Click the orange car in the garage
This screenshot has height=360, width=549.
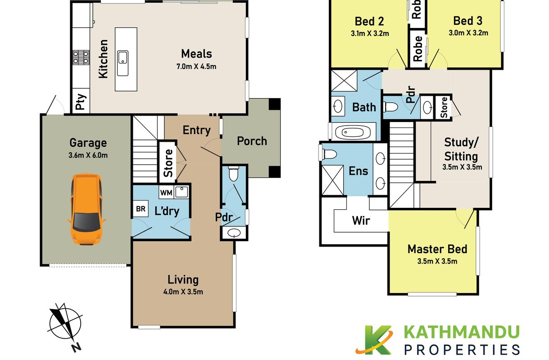click(x=86, y=210)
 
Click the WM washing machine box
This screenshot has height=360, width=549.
click(x=166, y=193)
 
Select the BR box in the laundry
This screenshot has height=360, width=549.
click(x=141, y=209)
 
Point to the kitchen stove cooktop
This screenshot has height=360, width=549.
click(x=81, y=57)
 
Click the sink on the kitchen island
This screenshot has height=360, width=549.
click(x=123, y=63)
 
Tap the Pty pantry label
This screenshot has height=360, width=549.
click(x=81, y=102)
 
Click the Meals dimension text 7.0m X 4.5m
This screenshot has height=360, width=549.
click(x=196, y=66)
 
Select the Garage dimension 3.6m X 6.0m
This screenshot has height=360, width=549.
click(x=88, y=155)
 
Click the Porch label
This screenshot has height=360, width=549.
click(x=252, y=141)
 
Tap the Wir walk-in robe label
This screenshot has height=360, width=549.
click(x=361, y=220)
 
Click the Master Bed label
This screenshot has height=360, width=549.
click(x=437, y=249)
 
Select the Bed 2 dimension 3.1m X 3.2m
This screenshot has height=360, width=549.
click(x=370, y=33)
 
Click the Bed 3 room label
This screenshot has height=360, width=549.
click(x=467, y=21)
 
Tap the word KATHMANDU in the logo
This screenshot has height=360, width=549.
click(x=461, y=332)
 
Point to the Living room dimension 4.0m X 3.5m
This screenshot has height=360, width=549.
click(x=183, y=292)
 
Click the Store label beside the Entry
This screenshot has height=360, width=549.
click(x=168, y=163)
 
